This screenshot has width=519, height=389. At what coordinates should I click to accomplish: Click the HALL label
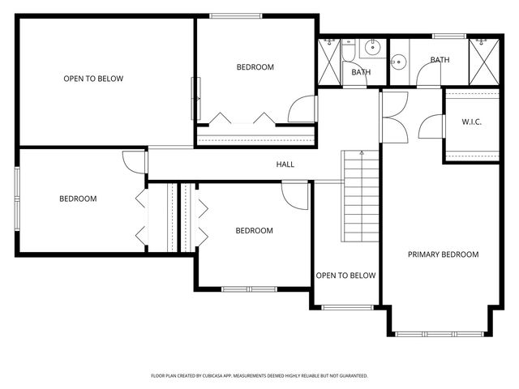pyautogui.click(x=285, y=165)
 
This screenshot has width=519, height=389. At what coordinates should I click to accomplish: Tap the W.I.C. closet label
pyautogui.click(x=471, y=122)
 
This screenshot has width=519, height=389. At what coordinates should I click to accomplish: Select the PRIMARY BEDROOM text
pyautogui.click(x=444, y=254)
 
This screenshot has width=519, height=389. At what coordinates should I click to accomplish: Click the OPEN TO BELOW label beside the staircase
pyautogui.click(x=345, y=276)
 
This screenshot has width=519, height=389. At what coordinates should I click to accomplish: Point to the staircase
pyautogui.click(x=360, y=196)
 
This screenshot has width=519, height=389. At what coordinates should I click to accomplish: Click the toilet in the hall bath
pyautogui.click(x=348, y=49)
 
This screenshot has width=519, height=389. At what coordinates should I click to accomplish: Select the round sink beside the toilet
pyautogui.click(x=373, y=47)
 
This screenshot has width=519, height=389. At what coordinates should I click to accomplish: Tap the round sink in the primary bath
pyautogui.click(x=398, y=62)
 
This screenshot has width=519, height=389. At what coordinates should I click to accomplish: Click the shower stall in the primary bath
pyautogui.click(x=484, y=62)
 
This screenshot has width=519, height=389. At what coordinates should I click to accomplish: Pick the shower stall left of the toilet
pyautogui.click(x=329, y=62)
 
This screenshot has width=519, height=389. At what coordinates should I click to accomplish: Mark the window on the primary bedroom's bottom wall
pyautogui.click(x=440, y=334)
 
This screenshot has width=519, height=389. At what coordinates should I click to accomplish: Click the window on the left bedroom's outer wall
pyautogui.click(x=17, y=199)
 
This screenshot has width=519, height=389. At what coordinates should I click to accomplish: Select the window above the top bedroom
pyautogui.click(x=236, y=16)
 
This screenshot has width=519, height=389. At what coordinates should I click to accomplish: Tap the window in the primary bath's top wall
pyautogui.click(x=449, y=36)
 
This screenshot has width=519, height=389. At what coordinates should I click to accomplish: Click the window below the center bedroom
pyautogui.click(x=249, y=289)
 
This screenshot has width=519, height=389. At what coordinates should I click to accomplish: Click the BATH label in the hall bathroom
pyautogui.click(x=361, y=72)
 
